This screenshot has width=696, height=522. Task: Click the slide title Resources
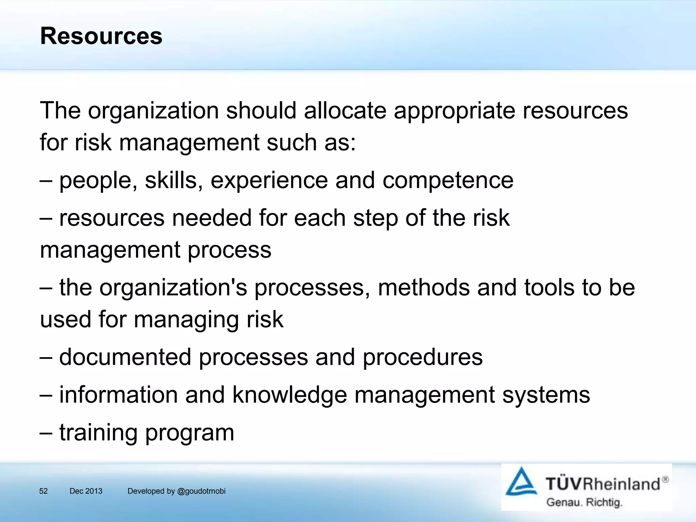pos(101,36)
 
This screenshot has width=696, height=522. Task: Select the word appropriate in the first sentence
pos(454,111)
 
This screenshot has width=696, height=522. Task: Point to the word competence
pos(448,181)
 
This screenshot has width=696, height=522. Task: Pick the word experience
pos(269,181)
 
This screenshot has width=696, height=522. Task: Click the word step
pos(376,219)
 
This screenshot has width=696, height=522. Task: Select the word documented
pos(125,357)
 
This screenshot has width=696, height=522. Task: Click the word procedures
pos(422,358)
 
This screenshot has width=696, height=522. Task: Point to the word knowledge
pos(290,395)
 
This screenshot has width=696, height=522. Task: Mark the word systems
pos(546,395)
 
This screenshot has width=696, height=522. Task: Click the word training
pos(98,433)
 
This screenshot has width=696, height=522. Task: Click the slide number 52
pos(43,491)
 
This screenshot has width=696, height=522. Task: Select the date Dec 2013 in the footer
pos(86,491)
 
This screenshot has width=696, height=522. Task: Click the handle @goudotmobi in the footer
pos(201,491)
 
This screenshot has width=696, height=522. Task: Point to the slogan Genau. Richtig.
pos(584,502)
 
